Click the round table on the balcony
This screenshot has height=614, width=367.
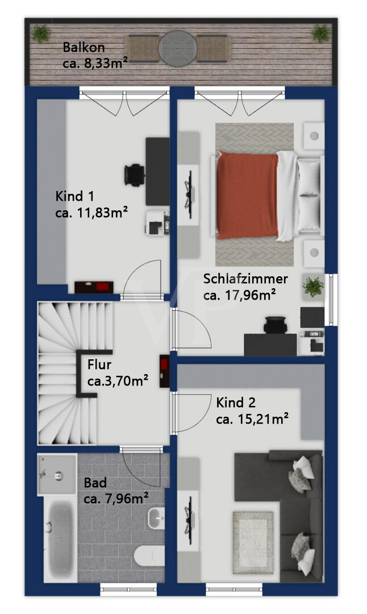pos(178,48)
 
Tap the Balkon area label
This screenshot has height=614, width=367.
pos(84,47)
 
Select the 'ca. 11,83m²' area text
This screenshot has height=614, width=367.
pos(91,213)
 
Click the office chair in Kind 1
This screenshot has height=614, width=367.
pos(134,175)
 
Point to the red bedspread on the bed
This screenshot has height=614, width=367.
pos(248,195)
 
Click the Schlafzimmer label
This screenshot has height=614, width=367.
pos(246,279)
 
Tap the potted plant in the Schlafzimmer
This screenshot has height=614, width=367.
pos(313,286)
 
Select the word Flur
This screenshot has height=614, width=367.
pos(99,364)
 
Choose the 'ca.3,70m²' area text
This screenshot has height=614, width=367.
pos(118,380)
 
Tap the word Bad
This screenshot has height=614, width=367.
pos(95,483)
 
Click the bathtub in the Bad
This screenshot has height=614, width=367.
pos(61,536)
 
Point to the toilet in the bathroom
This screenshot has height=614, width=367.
pos(149,557)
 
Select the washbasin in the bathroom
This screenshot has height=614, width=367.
pos(156,518)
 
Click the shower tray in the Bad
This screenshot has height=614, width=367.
pos(57,475)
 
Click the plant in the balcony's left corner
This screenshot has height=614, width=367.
pos(41,34)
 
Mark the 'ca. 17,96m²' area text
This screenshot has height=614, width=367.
pos(240,295)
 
